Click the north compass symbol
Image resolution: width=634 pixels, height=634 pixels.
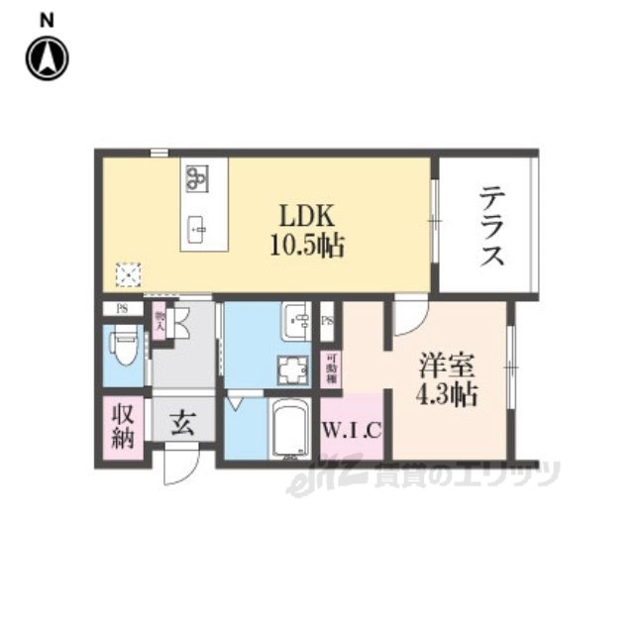47,56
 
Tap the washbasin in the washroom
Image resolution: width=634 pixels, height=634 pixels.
296,322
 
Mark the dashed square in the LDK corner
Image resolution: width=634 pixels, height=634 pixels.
126,272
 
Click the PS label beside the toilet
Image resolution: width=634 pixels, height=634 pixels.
123,308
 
